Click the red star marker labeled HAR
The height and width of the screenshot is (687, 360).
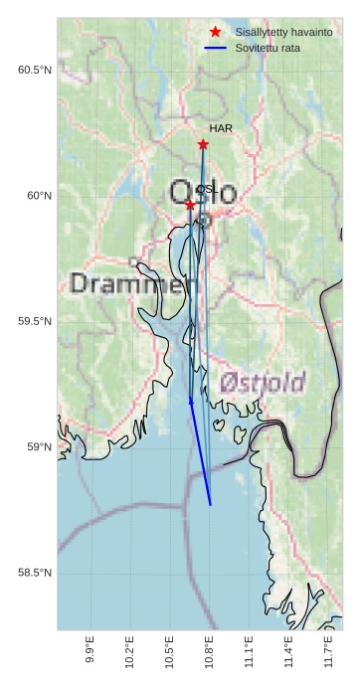coord(203,144)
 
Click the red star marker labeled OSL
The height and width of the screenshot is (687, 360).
coord(190,204)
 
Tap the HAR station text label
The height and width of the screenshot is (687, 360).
coord(221,129)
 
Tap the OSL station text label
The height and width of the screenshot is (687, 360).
coord(206,189)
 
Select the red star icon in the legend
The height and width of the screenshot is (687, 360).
coord(216,33)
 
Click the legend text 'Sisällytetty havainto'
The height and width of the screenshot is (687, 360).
coord(283,33)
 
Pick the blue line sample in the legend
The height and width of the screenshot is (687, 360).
coord(216,48)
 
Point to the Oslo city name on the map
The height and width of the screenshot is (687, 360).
coord(204,192)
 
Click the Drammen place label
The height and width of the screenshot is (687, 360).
coord(134,284)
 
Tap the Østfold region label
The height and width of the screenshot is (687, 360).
coord(263,382)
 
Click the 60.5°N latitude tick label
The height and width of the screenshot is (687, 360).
coord(34,70)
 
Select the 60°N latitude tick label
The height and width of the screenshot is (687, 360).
coord(38,196)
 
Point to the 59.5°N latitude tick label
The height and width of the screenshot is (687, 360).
coord(34,321)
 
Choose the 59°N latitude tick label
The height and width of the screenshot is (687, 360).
coord(38,447)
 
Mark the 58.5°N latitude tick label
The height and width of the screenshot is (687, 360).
coord(34,573)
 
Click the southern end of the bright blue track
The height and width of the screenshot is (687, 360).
coord(211,505)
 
